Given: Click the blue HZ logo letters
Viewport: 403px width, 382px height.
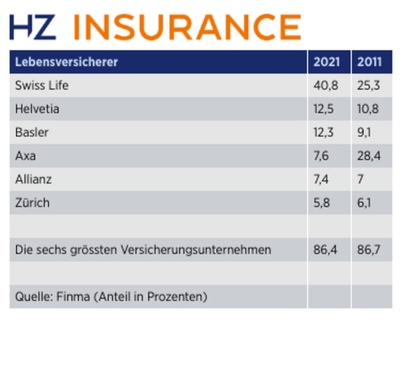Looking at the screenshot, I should coord(33,27).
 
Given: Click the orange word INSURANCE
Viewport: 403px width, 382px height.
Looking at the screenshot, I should coord(187,27).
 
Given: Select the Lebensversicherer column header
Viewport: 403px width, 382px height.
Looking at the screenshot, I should coord(66,62).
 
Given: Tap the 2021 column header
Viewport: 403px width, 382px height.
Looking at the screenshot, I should coord(326,62).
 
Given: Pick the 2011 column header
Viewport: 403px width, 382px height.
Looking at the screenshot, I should coord(369,62).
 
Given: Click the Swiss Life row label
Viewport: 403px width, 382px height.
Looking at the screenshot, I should coord(42,85).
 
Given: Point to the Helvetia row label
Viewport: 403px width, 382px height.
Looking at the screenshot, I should coord(37,109).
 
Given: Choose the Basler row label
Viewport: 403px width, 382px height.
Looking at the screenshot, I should coord(31,132).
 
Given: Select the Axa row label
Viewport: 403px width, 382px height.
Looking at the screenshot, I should coord(25,156).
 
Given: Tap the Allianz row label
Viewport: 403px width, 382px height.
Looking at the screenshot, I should coord(33,179).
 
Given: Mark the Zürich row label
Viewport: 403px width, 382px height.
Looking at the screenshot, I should coord(32,203).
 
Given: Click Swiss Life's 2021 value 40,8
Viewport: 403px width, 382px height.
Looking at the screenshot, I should coord(326,85).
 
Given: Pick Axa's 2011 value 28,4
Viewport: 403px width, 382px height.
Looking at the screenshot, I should coord(369,156).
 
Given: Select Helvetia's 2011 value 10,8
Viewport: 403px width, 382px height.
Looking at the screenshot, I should coord(368,109).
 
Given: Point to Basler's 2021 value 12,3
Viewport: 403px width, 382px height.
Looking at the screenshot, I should coord(324,132).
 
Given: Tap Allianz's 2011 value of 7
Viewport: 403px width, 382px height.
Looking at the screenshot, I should coord(360,179).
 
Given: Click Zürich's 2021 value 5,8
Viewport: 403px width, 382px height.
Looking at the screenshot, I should coord(322,203).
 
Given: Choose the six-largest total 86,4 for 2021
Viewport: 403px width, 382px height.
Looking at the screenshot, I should coord(325,250).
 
